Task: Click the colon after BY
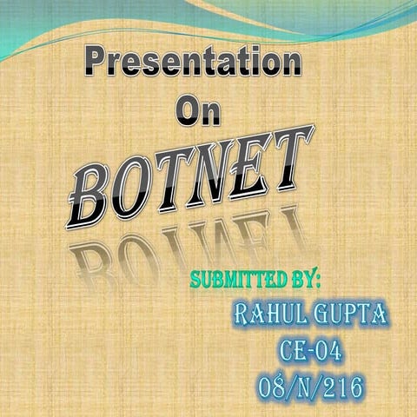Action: pos(319,281)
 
